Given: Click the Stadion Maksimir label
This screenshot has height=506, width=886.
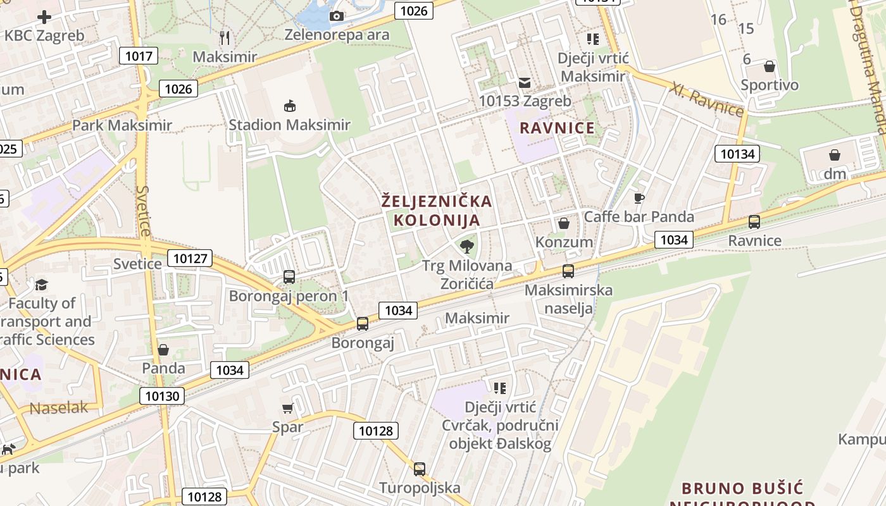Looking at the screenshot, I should pyautogui.click(x=289, y=125).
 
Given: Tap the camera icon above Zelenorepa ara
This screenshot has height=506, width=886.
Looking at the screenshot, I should pyautogui.click(x=337, y=16).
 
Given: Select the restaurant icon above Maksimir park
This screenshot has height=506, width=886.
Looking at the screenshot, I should pyautogui.click(x=225, y=38).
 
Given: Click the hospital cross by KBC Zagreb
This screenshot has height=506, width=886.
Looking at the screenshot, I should pyautogui.click(x=44, y=17).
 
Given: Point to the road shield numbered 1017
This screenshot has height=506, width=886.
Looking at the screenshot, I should pyautogui.click(x=138, y=56).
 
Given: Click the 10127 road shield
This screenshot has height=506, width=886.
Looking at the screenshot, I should pyautogui.click(x=190, y=258).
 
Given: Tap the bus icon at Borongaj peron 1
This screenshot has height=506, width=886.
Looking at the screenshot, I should pyautogui.click(x=289, y=277).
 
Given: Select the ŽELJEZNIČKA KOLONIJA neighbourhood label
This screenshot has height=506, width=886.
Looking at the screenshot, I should pyautogui.click(x=437, y=211).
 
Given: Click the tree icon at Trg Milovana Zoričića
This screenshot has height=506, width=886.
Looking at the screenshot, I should pyautogui.click(x=467, y=247).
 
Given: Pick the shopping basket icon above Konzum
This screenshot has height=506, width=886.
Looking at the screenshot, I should pyautogui.click(x=563, y=223).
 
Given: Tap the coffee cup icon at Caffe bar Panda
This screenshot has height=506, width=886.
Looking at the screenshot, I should pyautogui.click(x=639, y=198).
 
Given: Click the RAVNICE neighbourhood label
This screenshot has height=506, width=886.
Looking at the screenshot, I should pyautogui.click(x=557, y=128).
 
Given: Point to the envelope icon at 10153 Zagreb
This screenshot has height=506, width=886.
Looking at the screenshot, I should pyautogui.click(x=525, y=82).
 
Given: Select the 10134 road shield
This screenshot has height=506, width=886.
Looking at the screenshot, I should pyautogui.click(x=737, y=154).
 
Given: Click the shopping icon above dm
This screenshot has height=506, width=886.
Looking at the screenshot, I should pyautogui.click(x=835, y=155).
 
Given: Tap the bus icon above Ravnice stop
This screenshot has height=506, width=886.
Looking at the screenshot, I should pyautogui.click(x=754, y=222).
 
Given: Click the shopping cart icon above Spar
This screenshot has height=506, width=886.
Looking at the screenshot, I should pyautogui.click(x=288, y=409).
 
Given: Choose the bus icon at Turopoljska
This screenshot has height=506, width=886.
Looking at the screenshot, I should pyautogui.click(x=419, y=469).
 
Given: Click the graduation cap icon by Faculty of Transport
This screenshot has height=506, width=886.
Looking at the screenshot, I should pyautogui.click(x=42, y=285).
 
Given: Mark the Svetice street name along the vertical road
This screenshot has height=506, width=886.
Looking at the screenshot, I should pyautogui.click(x=144, y=211).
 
